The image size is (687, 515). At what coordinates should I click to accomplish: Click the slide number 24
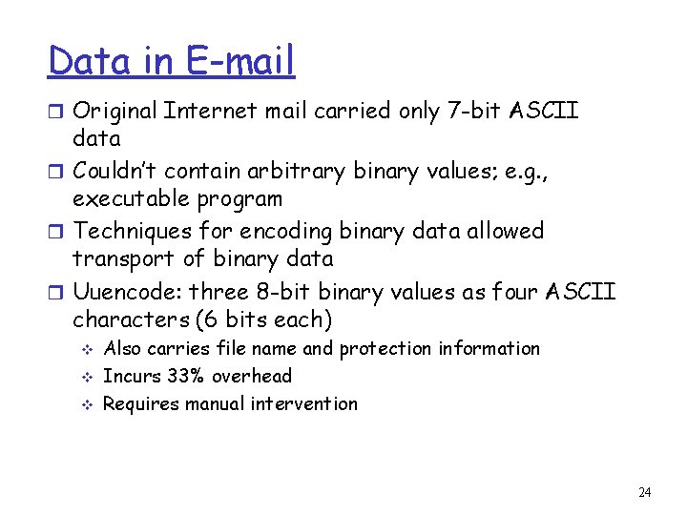tap(644, 493)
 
